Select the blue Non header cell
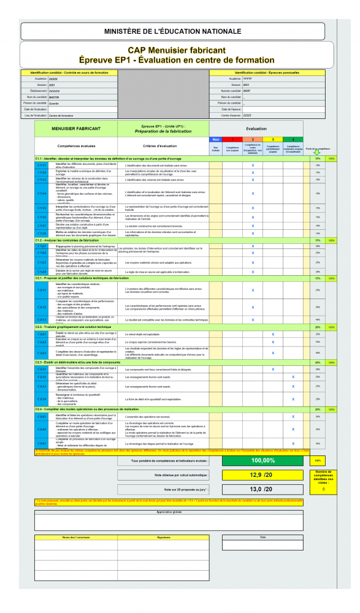(x=215, y=140)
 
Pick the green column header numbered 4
(x=293, y=140)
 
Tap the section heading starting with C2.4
(x=80, y=408)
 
